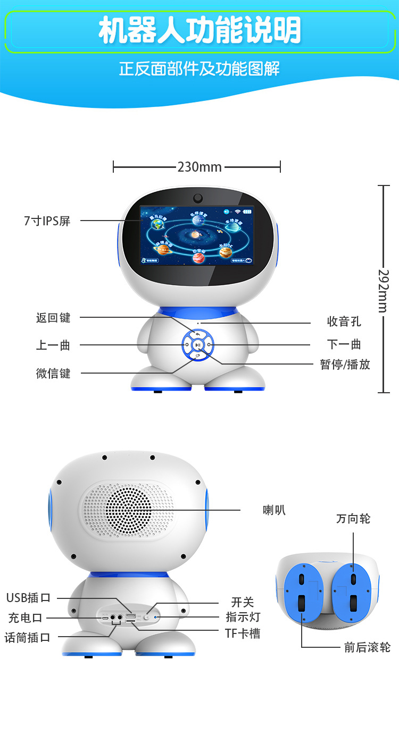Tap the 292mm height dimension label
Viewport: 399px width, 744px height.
tap(383, 290)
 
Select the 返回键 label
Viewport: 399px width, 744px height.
tap(53, 318)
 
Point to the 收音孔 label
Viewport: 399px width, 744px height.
tap(344, 322)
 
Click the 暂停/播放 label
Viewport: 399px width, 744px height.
tap(345, 365)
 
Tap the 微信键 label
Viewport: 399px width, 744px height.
tap(53, 373)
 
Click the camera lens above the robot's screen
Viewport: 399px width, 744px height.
tap(198, 198)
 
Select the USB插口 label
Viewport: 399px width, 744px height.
tap(28, 597)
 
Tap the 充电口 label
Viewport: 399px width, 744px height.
tap(25, 618)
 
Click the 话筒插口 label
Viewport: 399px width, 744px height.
tap(27, 637)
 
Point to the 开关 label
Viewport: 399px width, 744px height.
tap(243, 603)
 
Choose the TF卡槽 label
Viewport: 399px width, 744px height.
tap(243, 633)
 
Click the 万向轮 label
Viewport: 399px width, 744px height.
tap(353, 519)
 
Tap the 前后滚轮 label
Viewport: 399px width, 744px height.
tap(367, 647)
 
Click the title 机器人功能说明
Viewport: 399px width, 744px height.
tap(199, 31)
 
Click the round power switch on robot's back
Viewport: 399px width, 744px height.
tap(146, 616)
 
